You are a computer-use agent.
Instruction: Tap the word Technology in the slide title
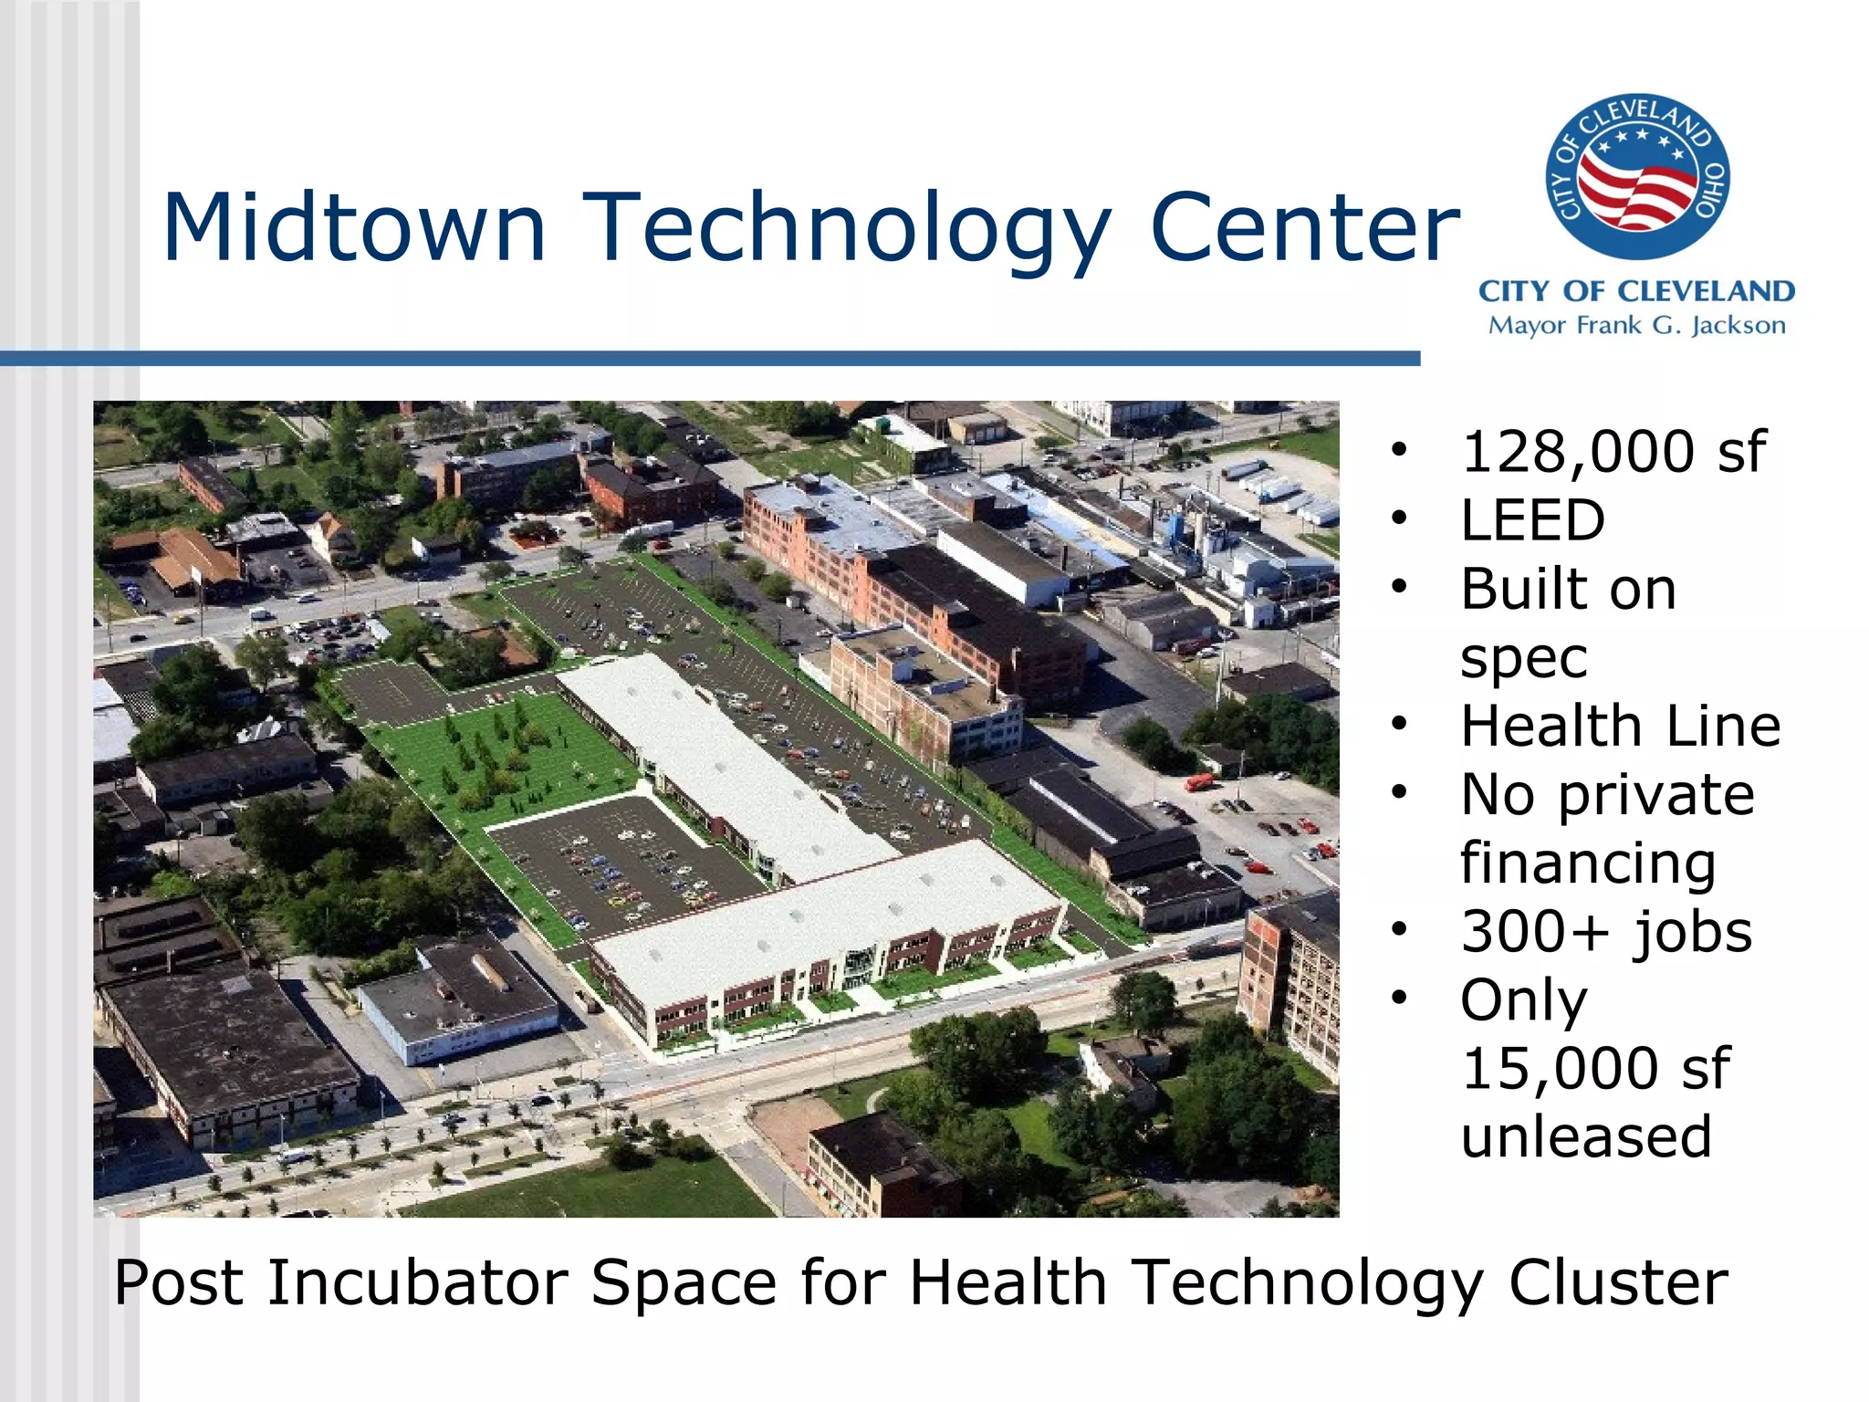click(848, 230)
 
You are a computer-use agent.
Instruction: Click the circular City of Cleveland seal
click(1637, 176)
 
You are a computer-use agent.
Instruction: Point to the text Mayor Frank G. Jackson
click(1636, 326)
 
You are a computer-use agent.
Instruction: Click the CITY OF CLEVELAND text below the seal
click(1636, 291)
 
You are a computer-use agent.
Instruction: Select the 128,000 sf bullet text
click(1613, 452)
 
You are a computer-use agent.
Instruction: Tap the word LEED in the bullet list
click(1532, 520)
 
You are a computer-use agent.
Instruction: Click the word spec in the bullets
click(1523, 657)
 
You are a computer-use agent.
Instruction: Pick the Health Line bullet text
click(1620, 727)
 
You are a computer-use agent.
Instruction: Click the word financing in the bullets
click(1588, 863)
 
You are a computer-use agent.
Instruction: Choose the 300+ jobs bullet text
click(1606, 932)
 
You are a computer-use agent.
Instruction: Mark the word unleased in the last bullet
click(1586, 1137)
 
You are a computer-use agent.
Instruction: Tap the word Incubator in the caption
click(417, 1282)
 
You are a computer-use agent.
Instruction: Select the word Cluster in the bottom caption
click(1617, 1282)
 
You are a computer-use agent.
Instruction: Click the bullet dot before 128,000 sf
click(1399, 450)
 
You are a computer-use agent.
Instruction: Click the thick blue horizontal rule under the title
click(712, 359)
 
